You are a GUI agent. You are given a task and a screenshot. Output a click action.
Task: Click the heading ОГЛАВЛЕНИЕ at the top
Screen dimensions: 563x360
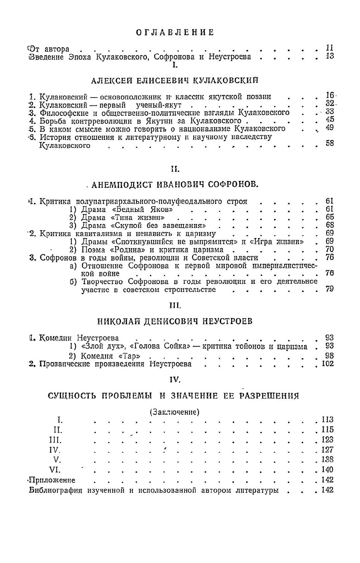[176, 32]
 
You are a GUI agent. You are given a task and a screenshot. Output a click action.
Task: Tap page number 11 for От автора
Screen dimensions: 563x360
[330, 48]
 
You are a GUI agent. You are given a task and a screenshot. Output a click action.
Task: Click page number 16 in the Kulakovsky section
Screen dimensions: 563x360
[330, 96]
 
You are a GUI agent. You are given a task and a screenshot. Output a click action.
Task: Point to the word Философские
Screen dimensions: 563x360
[62, 113]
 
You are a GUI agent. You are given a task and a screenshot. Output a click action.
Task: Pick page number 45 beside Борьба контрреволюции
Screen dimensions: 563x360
[330, 119]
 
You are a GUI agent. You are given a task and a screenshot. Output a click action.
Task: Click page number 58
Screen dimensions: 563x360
[330, 143]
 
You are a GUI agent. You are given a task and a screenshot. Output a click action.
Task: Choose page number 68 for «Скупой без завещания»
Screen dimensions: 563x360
[330, 225]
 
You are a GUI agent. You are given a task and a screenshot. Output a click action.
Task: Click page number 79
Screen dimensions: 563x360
[330, 289]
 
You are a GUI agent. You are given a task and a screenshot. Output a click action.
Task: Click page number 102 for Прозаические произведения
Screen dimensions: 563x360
[328, 363]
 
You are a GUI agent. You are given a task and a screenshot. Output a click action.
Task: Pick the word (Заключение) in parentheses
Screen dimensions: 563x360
[175, 411]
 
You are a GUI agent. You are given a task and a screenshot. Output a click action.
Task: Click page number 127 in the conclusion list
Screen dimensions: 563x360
[327, 450]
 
